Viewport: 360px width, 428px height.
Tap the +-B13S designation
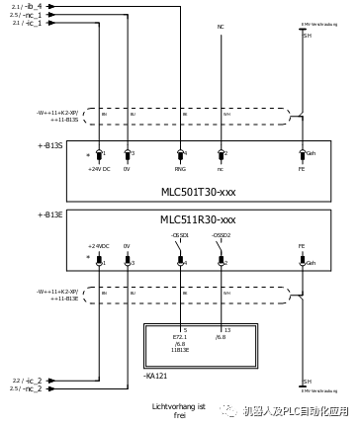point(49,144)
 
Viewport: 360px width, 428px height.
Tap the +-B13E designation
point(49,214)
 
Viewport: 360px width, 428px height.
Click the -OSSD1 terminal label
point(179,235)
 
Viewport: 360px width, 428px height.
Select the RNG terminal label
point(180,169)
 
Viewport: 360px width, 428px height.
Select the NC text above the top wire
point(220,26)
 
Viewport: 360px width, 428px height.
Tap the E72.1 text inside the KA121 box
point(180,336)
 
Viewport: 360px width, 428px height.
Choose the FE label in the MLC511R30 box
point(302,245)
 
